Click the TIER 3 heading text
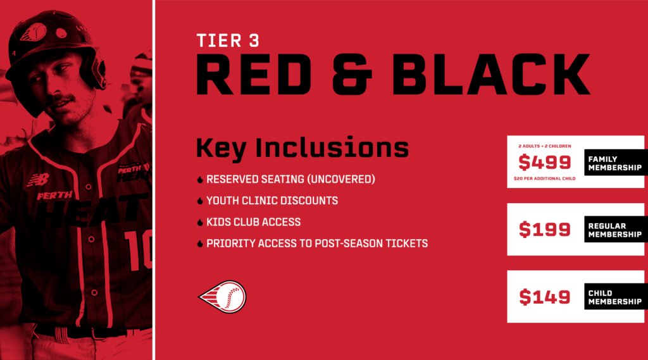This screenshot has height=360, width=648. coord(228,41)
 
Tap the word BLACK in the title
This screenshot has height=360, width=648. coord(491,75)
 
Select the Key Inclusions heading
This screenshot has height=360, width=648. coord(302,147)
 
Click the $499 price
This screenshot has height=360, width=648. coord(545,162)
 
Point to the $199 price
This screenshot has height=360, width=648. coord(545,230)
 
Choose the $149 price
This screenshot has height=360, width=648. coord(545,297)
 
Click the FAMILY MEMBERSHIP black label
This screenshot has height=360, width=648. coord(616,163)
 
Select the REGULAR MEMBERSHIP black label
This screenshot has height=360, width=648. coord(616,230)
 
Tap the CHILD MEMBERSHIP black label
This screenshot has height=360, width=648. coord(616,297)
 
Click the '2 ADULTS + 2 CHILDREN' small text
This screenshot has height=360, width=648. coord(545,146)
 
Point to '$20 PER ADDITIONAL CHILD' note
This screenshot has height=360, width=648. coord(545,178)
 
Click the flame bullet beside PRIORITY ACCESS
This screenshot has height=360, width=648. coord(200,244)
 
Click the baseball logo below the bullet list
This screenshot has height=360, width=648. coord(223,297)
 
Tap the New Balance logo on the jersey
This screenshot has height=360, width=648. coord(39,180)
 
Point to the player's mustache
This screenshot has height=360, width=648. coord(62,99)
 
